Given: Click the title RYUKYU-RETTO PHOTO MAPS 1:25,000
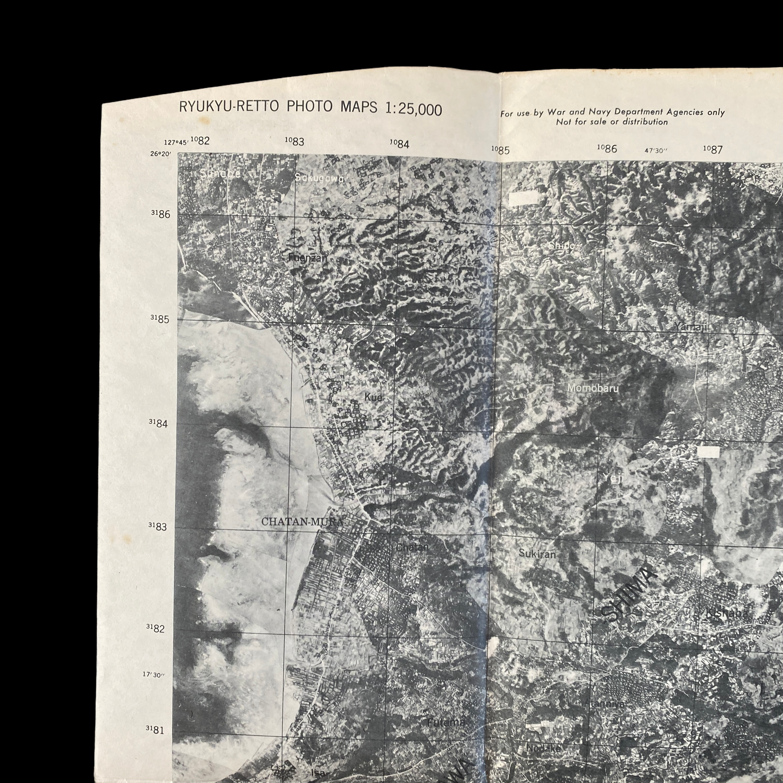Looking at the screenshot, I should pyautogui.click(x=311, y=109).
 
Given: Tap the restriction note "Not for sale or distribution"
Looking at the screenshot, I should pyautogui.click(x=612, y=122).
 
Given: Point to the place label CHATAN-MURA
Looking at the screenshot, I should pyautogui.click(x=302, y=522).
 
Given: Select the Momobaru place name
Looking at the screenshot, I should pyautogui.click(x=592, y=388).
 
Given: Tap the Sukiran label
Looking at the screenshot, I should pyautogui.click(x=537, y=554).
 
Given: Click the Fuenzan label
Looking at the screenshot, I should pyautogui.click(x=308, y=258).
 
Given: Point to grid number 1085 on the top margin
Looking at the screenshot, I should pyautogui.click(x=500, y=150).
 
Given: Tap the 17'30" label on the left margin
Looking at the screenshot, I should pyautogui.click(x=154, y=675).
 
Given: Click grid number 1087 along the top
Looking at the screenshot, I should pyautogui.click(x=713, y=149).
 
